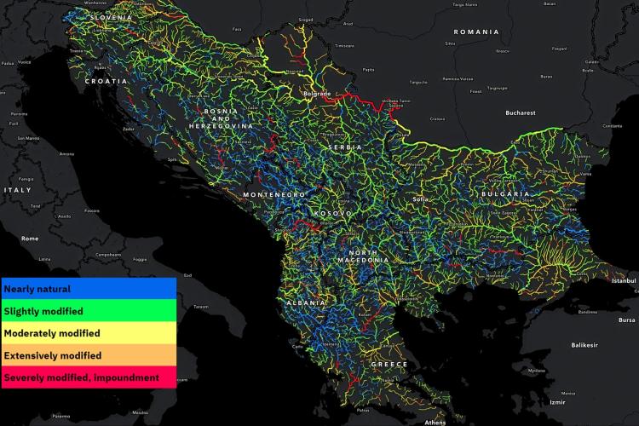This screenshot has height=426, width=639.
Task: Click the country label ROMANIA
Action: coord(476,32)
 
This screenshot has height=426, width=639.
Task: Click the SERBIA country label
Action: coord(345,147)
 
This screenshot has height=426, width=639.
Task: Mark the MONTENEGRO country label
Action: coord(273,194)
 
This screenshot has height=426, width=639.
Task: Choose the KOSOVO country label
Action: coord(332,213)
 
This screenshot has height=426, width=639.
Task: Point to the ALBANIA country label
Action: coord(306,303)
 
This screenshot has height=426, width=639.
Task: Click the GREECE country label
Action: coord(389,364)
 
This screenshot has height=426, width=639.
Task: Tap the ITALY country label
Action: coord(17,189)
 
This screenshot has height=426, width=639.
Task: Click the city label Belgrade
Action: coord(317,92)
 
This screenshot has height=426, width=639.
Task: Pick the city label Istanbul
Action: coord(625,280)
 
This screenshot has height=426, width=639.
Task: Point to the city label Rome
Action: coord(30,239)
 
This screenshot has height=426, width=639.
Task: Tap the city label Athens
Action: coord(435,422)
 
